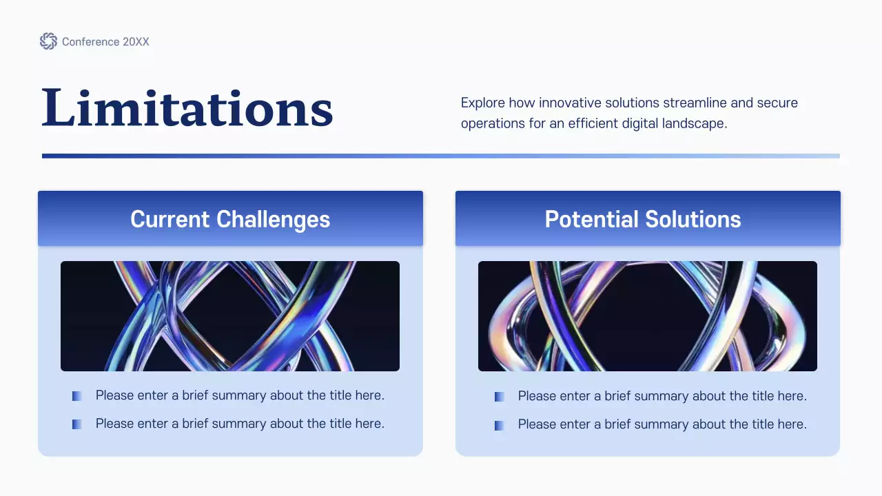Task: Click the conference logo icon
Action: [48, 41]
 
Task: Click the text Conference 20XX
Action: [105, 42]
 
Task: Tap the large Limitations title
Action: [187, 108]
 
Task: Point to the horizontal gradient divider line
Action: [441, 156]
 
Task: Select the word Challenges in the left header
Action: [273, 219]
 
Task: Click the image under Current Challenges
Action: [230, 316]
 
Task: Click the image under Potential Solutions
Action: [648, 316]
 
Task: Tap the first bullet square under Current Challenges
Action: [77, 396]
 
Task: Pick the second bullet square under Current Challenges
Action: [77, 424]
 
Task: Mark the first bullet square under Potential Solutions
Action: [500, 397]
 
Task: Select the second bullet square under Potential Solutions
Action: [500, 426]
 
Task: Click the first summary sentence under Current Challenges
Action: [240, 395]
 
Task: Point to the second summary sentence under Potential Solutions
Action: [662, 424]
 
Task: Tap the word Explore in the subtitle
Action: [482, 103]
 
